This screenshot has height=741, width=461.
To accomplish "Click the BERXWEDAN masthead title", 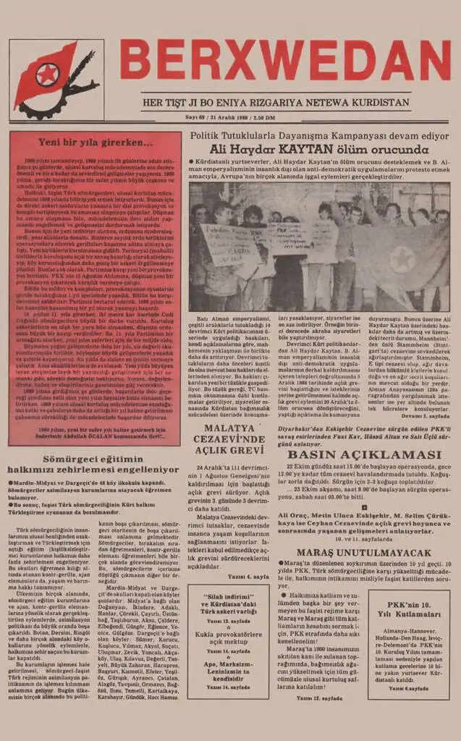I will coord(285,61).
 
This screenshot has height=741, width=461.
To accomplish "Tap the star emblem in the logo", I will coord(48,74).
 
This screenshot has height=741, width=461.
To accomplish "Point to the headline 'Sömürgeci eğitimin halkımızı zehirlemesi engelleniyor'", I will coord(92,463).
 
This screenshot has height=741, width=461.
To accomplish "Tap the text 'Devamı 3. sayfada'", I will coord(426,417).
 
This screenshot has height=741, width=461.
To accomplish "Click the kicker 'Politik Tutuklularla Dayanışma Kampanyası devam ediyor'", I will coord(319,135).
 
